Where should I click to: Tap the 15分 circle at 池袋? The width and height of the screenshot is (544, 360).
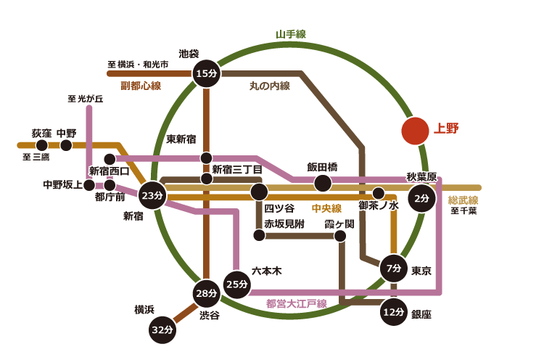207,73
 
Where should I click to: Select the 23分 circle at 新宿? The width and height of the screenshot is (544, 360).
152,195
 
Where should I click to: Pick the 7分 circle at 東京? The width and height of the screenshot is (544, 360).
394,269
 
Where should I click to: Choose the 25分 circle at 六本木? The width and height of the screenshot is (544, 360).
236,283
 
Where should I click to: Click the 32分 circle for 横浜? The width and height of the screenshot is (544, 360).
162,330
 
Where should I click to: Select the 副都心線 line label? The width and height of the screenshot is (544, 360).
140,86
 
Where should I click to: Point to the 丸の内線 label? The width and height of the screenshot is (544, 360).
270,86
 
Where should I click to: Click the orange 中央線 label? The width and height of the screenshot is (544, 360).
326,208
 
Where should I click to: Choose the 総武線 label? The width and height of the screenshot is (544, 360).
463,200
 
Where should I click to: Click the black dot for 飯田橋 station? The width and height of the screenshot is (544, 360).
322,183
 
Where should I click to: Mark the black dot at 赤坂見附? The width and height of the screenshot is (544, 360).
259,234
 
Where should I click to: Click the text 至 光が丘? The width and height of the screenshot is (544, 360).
86,99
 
